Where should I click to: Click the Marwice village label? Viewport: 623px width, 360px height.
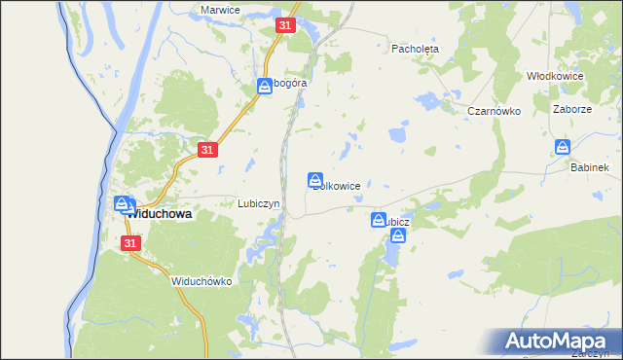(220, 9)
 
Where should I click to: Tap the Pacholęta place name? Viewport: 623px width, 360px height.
(416, 48)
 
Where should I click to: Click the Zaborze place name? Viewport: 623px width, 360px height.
(571, 110)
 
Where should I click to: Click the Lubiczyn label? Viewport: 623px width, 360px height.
(259, 203)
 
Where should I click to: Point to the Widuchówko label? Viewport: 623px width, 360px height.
(201, 281)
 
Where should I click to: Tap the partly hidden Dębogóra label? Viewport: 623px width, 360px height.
(289, 84)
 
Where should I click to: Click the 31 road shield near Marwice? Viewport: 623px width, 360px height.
(284, 26)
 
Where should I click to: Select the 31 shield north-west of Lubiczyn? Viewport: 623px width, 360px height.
(206, 149)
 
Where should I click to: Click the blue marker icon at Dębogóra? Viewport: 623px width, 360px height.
(264, 87)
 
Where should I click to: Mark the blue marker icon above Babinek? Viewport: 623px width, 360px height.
(563, 147)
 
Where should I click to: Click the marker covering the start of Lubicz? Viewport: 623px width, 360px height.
(378, 221)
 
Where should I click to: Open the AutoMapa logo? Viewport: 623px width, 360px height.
(558, 341)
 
